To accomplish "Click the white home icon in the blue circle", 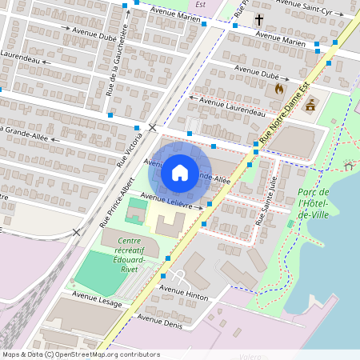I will point(179,172).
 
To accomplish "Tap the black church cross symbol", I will point(258,19).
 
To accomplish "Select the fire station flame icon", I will point(278,89).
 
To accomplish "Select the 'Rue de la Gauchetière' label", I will point(117,59).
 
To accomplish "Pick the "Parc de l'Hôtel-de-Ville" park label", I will point(313,203).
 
